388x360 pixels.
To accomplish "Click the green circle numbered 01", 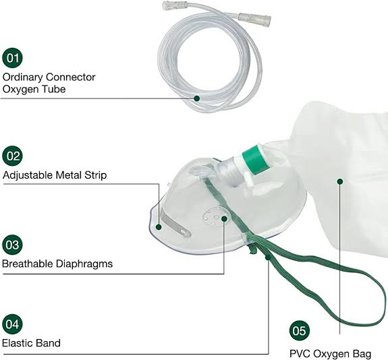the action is pyautogui.click(x=12, y=58).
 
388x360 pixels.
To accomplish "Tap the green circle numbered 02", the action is pyautogui.click(x=12, y=156).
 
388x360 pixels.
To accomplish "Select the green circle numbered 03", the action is pyautogui.click(x=12, y=245).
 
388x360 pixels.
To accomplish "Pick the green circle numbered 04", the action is pyautogui.click(x=12, y=324).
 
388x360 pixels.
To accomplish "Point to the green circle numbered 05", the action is pyautogui.click(x=300, y=331).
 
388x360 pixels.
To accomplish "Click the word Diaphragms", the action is pyautogui.click(x=84, y=264).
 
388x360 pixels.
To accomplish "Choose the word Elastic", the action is pyautogui.click(x=18, y=343).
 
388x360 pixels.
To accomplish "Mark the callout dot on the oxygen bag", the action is pyautogui.click(x=340, y=181).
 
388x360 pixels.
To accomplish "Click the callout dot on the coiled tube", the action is pyautogui.click(x=197, y=98).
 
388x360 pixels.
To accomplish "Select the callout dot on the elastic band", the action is pyautogui.click(x=268, y=258).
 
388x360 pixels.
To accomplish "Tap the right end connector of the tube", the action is pyautogui.click(x=255, y=19).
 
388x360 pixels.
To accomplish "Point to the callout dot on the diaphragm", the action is pyautogui.click(x=224, y=218).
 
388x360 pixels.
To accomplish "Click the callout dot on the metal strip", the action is pyautogui.click(x=159, y=227).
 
